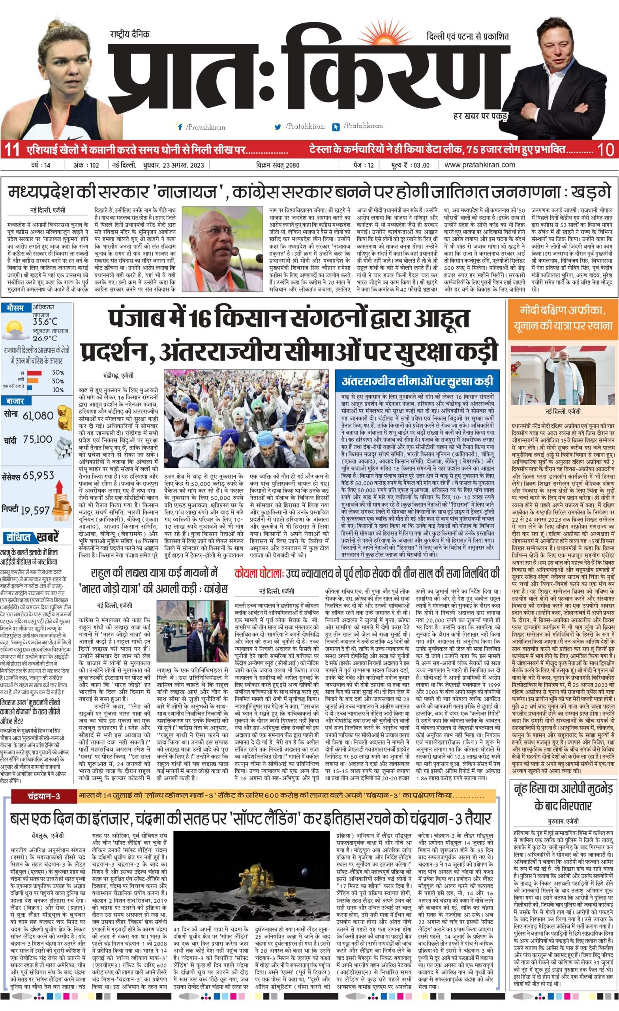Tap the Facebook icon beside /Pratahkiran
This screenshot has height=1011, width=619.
point(180,127)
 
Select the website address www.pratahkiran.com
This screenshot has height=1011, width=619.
point(480,165)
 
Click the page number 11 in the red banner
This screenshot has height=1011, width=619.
point(11,150)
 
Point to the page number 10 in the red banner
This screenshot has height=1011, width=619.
point(606,150)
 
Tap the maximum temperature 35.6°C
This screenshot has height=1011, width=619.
point(45,321)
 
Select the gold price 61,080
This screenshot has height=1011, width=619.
point(38,415)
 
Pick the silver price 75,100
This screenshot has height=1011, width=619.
point(38,440)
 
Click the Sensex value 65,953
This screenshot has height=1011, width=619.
point(39,476)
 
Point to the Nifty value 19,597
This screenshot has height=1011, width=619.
point(35,510)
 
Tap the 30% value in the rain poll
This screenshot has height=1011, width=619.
point(58,372)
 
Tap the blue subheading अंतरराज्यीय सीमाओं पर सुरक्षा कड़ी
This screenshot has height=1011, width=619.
point(417,381)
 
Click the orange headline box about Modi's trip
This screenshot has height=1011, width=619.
point(563,319)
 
